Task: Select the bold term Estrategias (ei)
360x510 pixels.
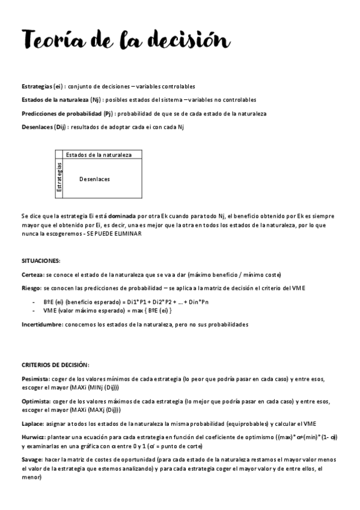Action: pyautogui.click(x=43, y=87)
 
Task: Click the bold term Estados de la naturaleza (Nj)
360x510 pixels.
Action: pyautogui.click(x=60, y=100)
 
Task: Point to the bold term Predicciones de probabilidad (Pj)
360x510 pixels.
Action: pyautogui.click(x=67, y=113)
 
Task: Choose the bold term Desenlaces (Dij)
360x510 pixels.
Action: pyautogui.click(x=44, y=126)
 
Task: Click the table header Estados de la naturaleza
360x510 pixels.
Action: pyautogui.click(x=99, y=155)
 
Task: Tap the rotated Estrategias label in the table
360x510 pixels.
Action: pyautogui.click(x=59, y=177)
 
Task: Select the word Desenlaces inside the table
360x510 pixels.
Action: pyautogui.click(x=94, y=179)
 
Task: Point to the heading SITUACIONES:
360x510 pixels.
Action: pyautogui.click(x=41, y=260)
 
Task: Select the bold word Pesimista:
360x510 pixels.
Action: pyautogui.click(x=35, y=378)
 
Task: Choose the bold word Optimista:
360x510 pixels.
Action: pyautogui.click(x=35, y=401)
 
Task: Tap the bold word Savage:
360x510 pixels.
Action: pyautogui.click(x=32, y=460)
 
